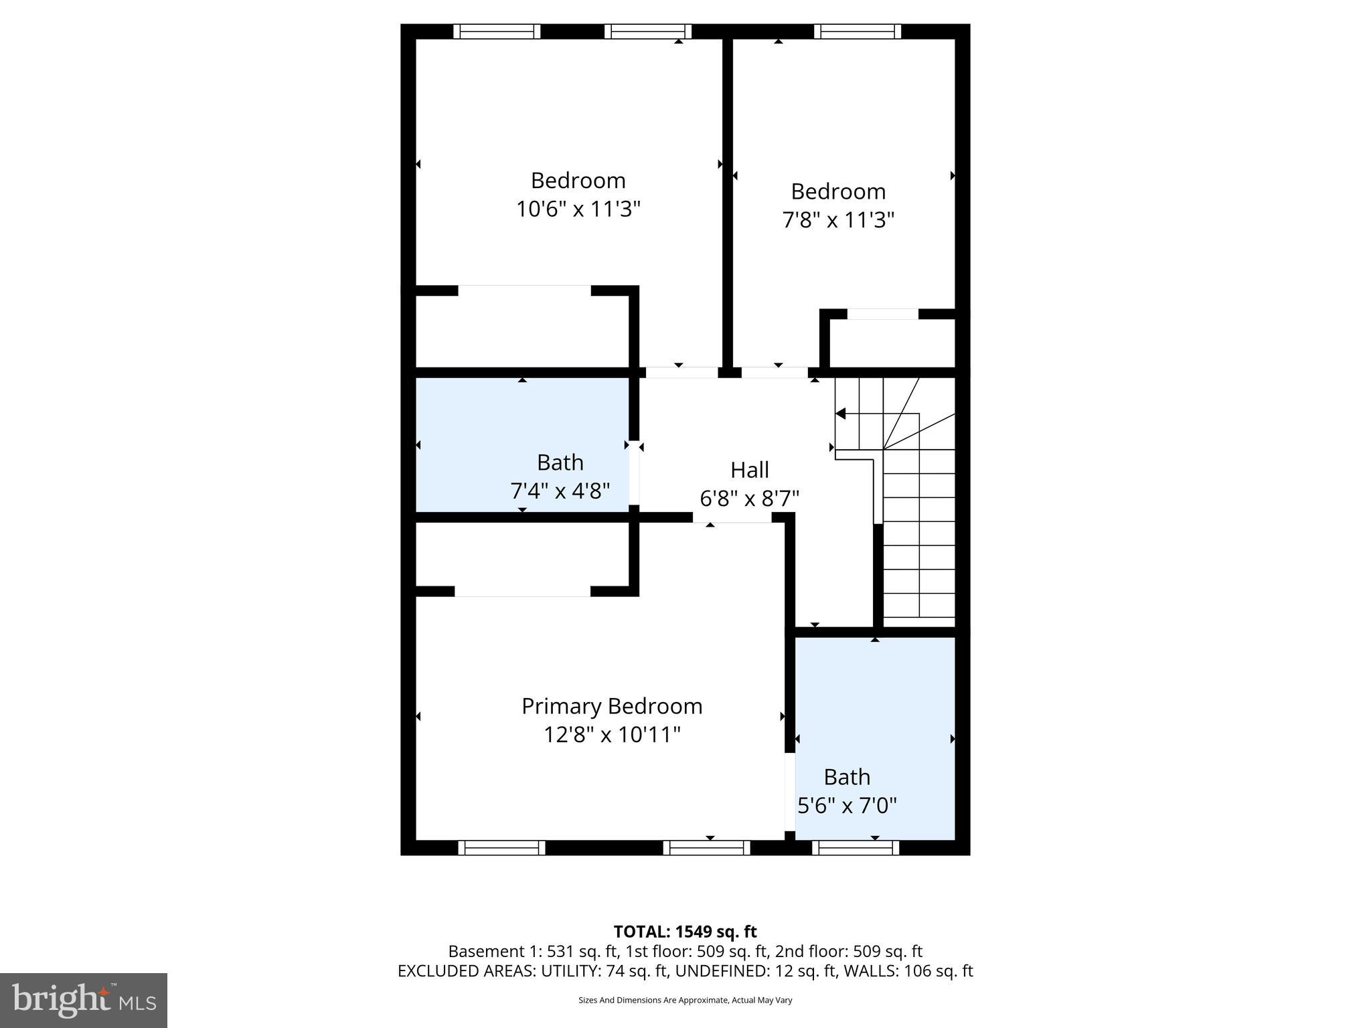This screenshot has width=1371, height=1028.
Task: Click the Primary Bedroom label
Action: pyautogui.click(x=611, y=706)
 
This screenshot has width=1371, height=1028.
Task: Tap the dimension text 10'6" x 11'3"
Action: pyautogui.click(x=578, y=209)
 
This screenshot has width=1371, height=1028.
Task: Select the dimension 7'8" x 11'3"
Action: pyautogui.click(x=838, y=220)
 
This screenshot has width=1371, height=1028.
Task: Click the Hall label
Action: pyautogui.click(x=749, y=470)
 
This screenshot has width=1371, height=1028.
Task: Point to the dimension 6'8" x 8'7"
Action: pyautogui.click(x=749, y=499)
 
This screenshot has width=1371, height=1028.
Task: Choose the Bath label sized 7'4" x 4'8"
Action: pyautogui.click(x=560, y=462)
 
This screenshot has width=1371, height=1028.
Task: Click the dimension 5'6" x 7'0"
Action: pyautogui.click(x=847, y=805)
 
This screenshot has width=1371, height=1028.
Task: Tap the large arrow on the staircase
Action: pyautogui.click(x=841, y=414)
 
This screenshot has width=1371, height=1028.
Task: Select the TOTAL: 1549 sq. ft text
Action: pyautogui.click(x=685, y=932)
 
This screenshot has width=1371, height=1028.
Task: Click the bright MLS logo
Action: pyautogui.click(x=83, y=1000)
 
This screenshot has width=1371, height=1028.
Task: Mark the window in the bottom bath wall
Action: pyautogui.click(x=856, y=848)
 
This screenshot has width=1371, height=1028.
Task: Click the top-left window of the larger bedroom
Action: pyautogui.click(x=497, y=31)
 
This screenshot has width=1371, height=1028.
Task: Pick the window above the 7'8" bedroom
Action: pyautogui.click(x=858, y=31)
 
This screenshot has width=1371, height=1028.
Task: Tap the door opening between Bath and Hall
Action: pyautogui.click(x=634, y=477)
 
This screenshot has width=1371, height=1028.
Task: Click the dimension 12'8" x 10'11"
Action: pyautogui.click(x=611, y=735)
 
